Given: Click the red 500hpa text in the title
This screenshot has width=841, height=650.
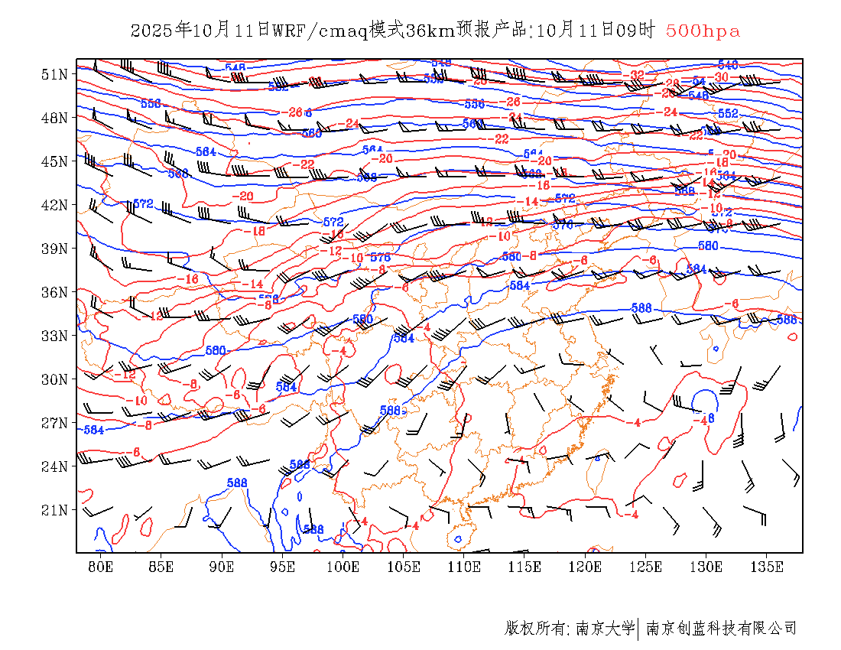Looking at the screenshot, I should coord(703,31).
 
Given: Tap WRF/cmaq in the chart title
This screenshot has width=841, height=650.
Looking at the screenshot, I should coord(320,31).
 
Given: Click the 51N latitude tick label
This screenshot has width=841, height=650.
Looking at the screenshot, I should coord(54,74).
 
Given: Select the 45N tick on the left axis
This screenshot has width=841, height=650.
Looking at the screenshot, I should coord(54,161).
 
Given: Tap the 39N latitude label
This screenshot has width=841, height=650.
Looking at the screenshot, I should coord(54,249).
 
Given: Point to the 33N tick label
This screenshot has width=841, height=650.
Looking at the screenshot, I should coord(54,336).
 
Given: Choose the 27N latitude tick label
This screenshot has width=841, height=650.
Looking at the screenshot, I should coord(54,423).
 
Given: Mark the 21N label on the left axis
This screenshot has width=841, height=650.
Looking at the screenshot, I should coord(54,510).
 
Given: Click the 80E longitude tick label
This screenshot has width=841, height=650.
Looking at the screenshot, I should coord(101,567).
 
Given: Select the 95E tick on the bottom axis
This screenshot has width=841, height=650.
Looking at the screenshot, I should coord(282,567).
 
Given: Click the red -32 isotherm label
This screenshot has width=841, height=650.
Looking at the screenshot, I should coord(636,75).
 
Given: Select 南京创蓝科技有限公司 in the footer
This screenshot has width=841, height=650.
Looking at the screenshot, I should coord(721,629).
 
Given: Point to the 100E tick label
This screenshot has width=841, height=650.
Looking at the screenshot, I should coord(343,567).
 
